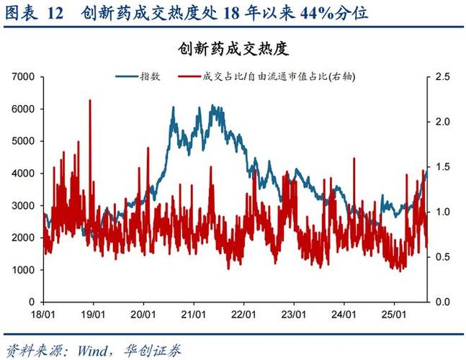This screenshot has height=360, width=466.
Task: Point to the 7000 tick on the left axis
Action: point(24,76)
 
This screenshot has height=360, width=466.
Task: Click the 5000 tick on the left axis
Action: point(24,141)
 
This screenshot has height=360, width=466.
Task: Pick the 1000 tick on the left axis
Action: point(24,269)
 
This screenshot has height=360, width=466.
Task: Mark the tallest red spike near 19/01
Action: point(89,101)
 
